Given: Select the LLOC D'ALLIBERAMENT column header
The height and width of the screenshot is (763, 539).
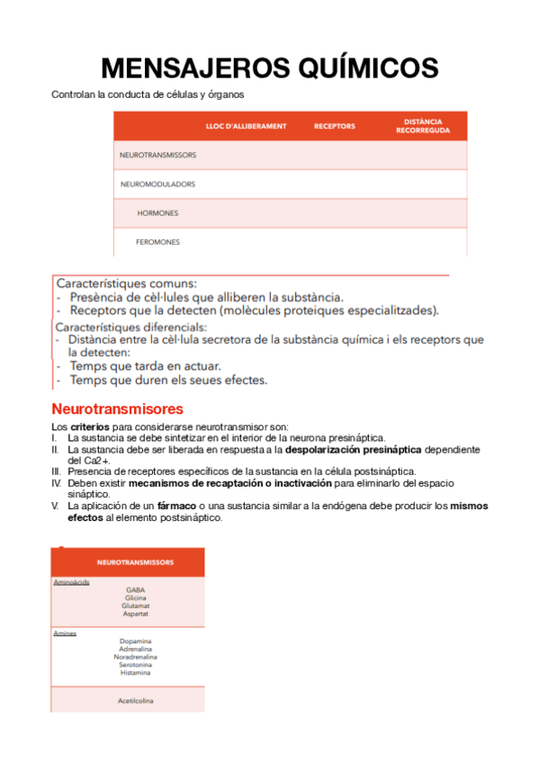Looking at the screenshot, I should click(x=246, y=126).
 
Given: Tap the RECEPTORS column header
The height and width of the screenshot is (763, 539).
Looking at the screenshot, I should click(x=334, y=126).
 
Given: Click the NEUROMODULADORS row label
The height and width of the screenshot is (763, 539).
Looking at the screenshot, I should click(x=157, y=184).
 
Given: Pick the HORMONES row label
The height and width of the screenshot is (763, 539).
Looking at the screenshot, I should click(x=157, y=213).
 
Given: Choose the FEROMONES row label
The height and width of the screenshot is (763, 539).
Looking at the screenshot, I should click(x=157, y=242).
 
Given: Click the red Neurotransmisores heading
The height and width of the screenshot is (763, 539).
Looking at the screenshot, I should click(x=117, y=408).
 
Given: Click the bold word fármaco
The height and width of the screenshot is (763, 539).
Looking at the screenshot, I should click(x=177, y=506).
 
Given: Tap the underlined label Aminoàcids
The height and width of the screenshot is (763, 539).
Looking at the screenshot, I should click(x=70, y=582).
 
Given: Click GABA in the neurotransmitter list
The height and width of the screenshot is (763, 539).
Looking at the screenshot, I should click(x=135, y=590).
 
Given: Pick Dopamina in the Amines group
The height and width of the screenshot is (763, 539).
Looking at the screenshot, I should click(x=135, y=641).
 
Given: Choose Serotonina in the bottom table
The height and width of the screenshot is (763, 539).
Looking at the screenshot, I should click(x=135, y=664).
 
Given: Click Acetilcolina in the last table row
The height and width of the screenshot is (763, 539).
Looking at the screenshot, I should click(x=135, y=700).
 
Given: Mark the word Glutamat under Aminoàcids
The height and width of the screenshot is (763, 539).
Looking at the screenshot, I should click(x=135, y=606).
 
